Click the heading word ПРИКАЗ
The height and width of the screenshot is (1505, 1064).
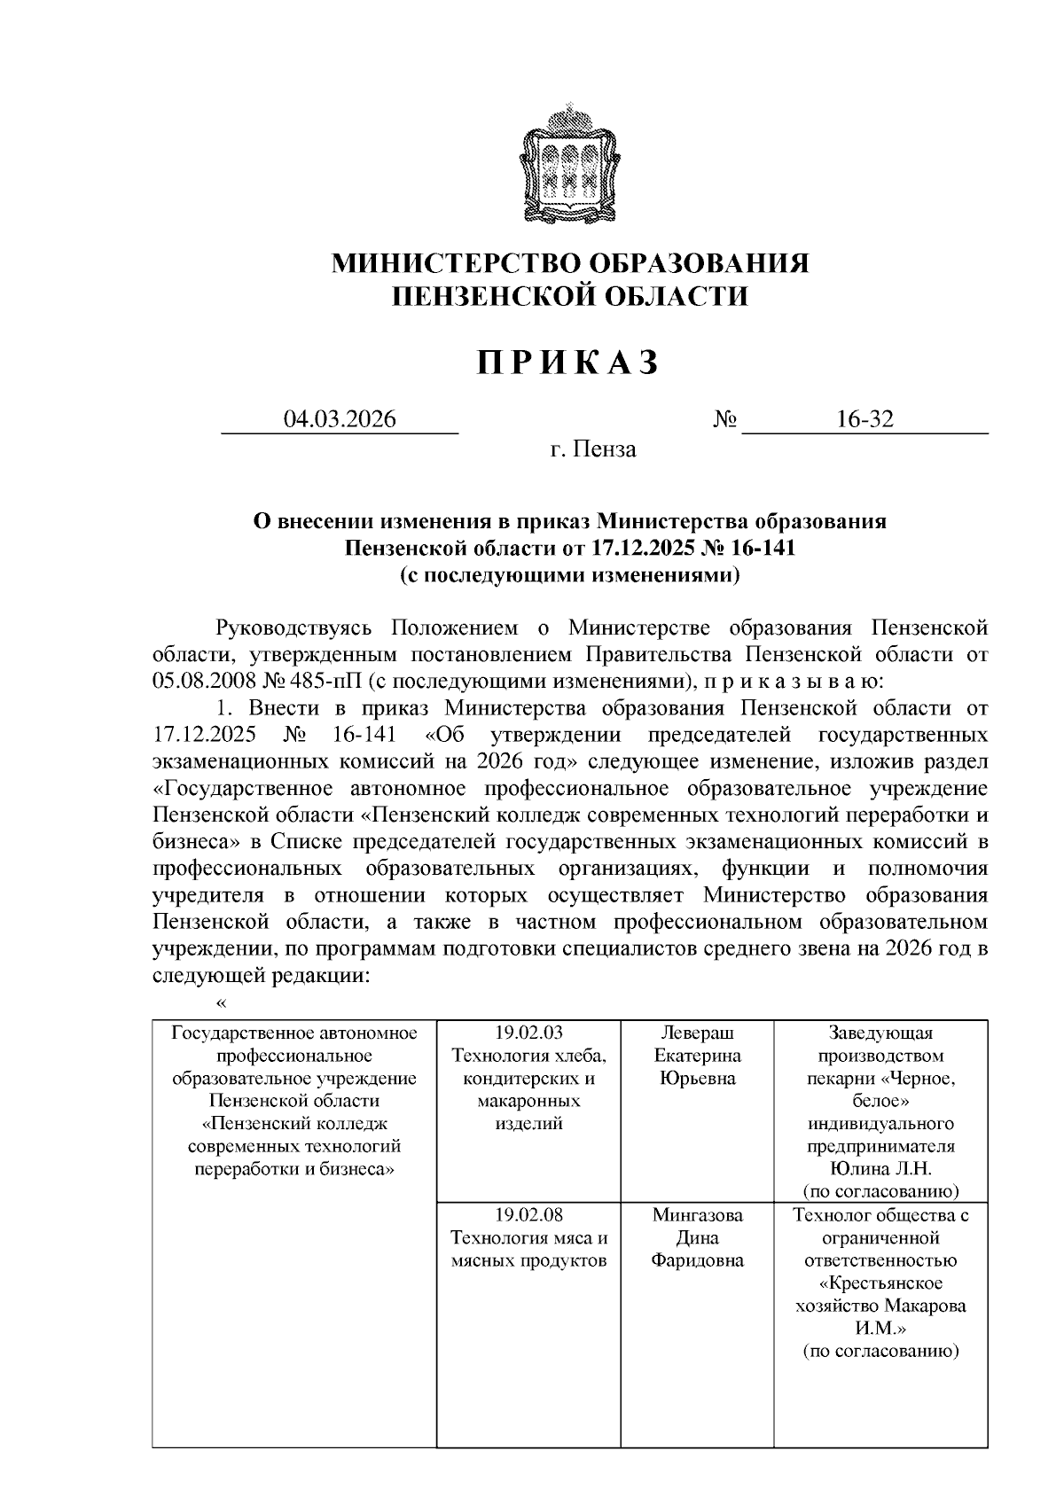568,363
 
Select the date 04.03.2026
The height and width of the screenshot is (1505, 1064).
339,419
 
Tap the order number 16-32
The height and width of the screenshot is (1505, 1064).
864,419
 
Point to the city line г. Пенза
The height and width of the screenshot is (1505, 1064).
592,449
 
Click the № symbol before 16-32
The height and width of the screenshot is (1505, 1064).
725,419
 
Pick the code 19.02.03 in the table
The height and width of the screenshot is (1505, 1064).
528,1033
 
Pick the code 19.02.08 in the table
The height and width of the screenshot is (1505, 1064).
528,1214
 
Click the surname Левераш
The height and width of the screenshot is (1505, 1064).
698,1033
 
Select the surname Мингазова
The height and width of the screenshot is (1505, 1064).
698,1214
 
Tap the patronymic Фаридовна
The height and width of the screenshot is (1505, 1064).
698,1260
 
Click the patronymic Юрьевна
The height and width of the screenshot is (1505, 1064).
698,1079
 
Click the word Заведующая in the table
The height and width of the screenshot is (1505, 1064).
880,1033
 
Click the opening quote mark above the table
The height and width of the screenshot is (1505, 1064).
222,1003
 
